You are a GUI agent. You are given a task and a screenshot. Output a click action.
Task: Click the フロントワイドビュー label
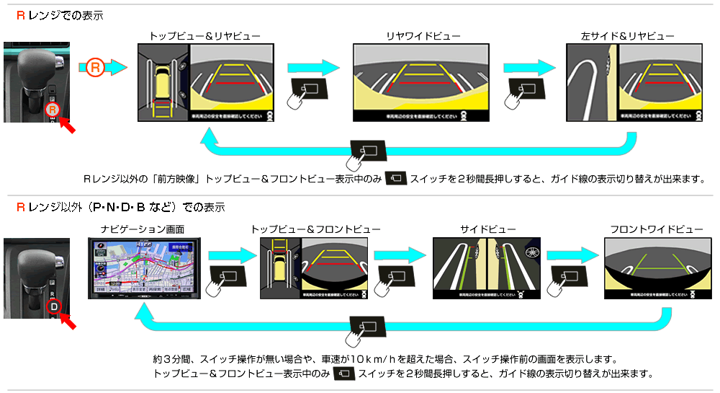pyautogui.click(x=656, y=229)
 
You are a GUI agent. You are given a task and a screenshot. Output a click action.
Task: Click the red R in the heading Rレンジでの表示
pyautogui.click(x=21, y=15)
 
